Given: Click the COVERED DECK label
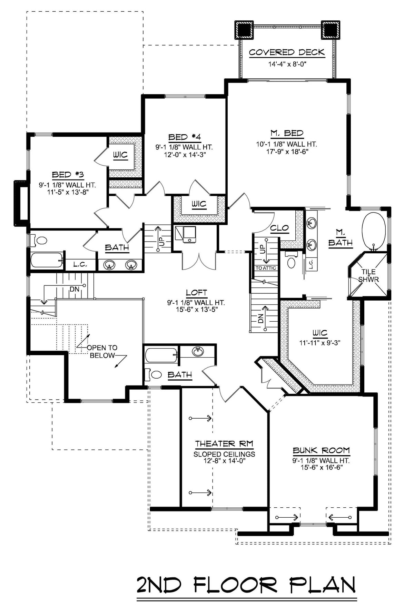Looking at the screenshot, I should [287, 52].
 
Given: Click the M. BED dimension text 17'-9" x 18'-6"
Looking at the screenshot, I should [286, 151].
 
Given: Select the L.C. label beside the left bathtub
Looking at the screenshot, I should [80, 265].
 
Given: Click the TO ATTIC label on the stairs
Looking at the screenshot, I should [266, 268].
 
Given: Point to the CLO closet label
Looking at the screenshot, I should [279, 228].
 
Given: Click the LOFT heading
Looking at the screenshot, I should [196, 293].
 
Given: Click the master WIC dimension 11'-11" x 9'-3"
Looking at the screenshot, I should [320, 343].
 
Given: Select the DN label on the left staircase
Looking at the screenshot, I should [75, 290].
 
